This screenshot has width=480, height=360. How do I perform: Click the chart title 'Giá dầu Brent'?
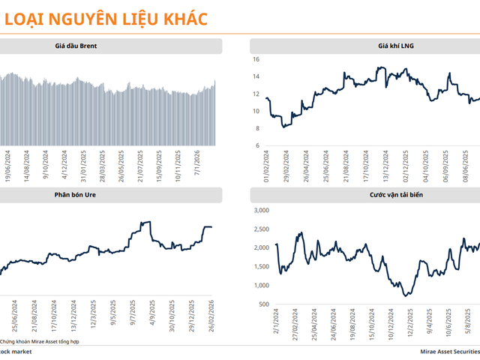tap(76, 46)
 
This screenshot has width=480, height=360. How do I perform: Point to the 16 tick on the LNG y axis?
tap(256, 59)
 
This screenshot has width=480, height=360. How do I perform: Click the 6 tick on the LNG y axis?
tap(257, 145)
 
